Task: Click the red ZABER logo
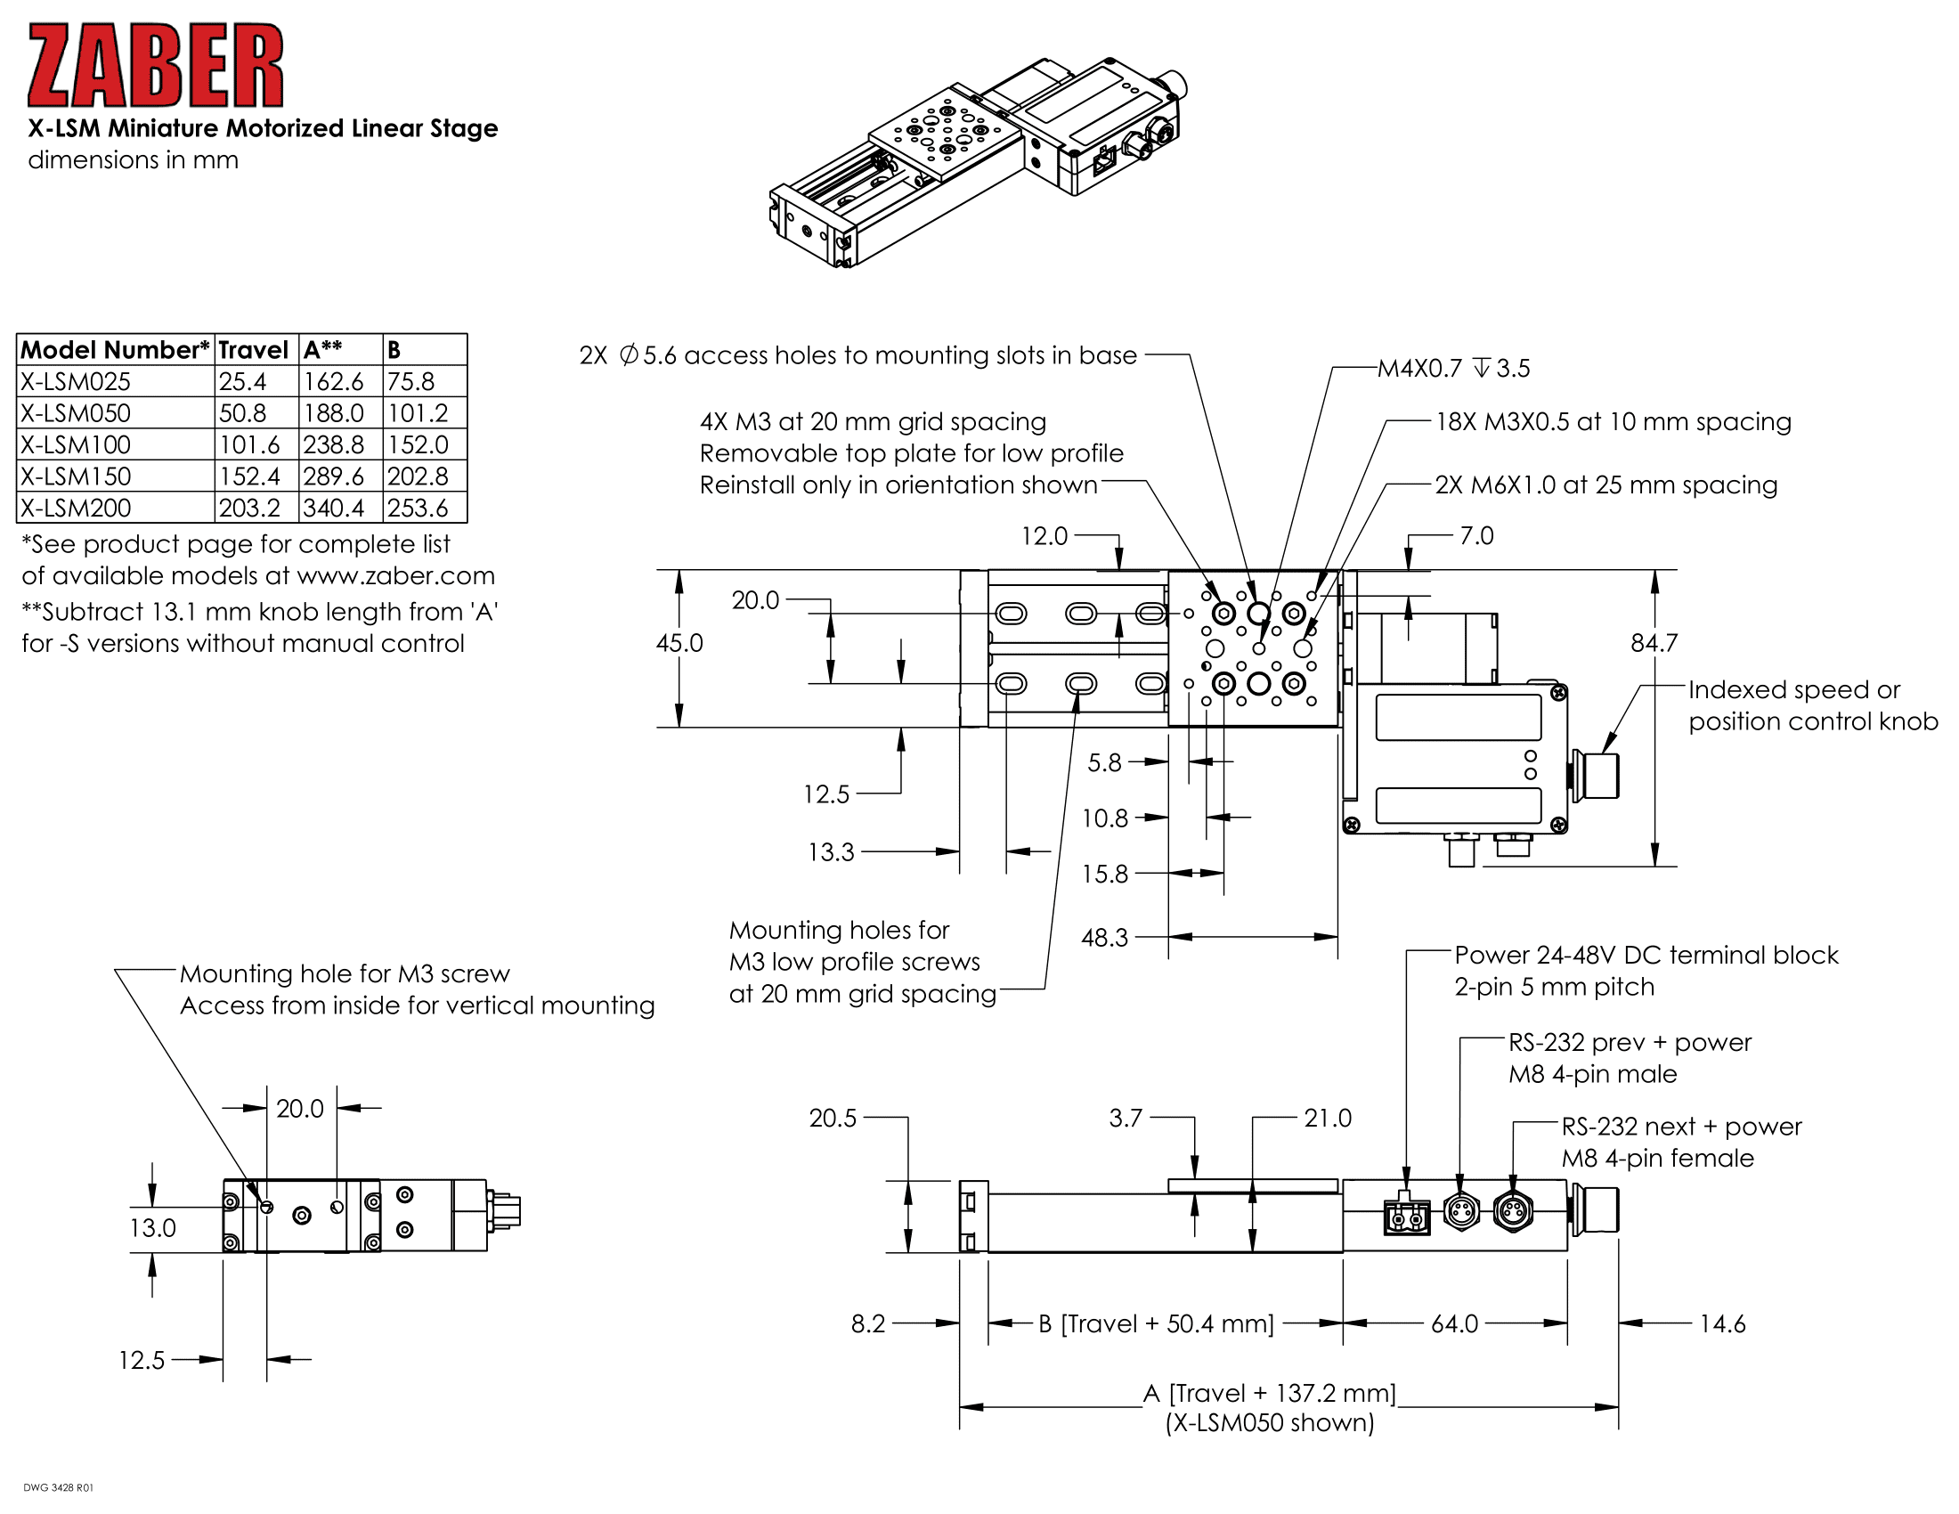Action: (155, 66)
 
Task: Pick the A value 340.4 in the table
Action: (334, 508)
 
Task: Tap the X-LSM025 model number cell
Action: (77, 381)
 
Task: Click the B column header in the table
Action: (394, 350)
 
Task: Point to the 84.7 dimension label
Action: (1654, 643)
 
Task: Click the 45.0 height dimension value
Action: (679, 643)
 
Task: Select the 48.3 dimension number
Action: (1104, 938)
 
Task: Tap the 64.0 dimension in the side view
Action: (1454, 1323)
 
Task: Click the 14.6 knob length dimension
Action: (1722, 1323)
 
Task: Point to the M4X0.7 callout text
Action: (1453, 369)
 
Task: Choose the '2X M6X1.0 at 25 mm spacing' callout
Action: (1605, 485)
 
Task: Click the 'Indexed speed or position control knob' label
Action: (1812, 705)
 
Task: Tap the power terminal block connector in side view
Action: (1406, 1216)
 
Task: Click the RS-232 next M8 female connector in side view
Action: (1513, 1213)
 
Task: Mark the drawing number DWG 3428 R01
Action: (58, 1488)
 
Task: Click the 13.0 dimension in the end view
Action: (152, 1228)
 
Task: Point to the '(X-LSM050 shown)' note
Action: (1269, 1423)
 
